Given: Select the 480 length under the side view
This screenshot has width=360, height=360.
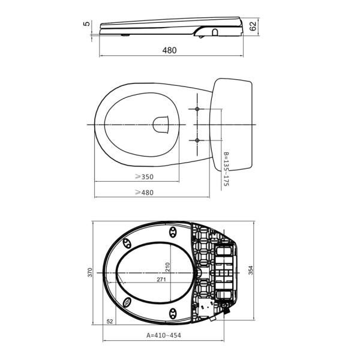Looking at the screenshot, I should (x=169, y=51).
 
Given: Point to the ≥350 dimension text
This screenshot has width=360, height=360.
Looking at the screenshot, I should (x=144, y=177).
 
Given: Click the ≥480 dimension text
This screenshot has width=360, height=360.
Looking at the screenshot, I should (x=144, y=192).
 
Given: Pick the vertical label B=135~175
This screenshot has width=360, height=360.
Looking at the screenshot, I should (x=226, y=169).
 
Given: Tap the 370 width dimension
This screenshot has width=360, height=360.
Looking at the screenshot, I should (x=89, y=272).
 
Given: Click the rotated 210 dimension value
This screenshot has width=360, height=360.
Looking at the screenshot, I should (x=168, y=267).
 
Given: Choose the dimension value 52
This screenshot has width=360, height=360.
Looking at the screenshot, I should (x=109, y=322).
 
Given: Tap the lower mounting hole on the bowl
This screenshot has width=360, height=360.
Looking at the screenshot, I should (x=197, y=140).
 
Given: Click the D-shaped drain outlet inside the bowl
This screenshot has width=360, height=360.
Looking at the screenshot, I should (x=161, y=124).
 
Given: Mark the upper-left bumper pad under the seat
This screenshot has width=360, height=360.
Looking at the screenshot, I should (x=127, y=242).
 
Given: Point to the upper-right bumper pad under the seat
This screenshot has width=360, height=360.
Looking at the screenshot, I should (x=173, y=231).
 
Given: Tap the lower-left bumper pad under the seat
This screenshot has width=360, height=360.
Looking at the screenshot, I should (x=127, y=301).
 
